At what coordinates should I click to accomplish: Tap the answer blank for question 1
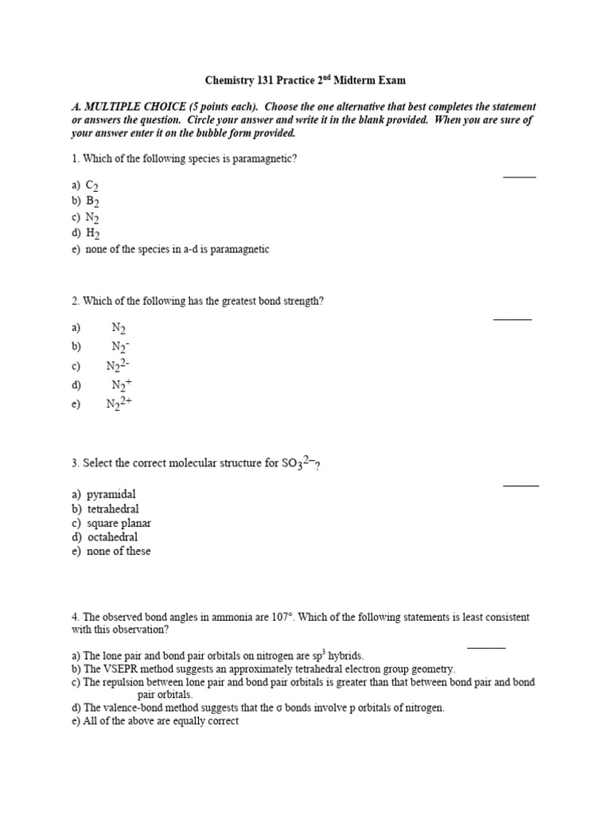pyautogui.click(x=520, y=176)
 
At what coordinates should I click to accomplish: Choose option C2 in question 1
pyautogui.click(x=91, y=185)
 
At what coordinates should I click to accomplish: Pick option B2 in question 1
pyautogui.click(x=91, y=201)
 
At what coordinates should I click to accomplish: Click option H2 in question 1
pyautogui.click(x=92, y=233)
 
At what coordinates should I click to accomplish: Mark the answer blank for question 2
pyautogui.click(x=512, y=318)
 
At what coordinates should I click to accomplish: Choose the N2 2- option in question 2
pyautogui.click(x=118, y=365)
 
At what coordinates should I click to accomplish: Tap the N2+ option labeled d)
pyautogui.click(x=121, y=384)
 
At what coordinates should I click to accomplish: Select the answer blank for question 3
pyautogui.click(x=521, y=484)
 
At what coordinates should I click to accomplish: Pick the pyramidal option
pyautogui.click(x=111, y=494)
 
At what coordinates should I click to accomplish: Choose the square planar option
pyautogui.click(x=119, y=523)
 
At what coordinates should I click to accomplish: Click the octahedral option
pyautogui.click(x=112, y=537)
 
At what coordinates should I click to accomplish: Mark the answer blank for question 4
pyautogui.click(x=485, y=647)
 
